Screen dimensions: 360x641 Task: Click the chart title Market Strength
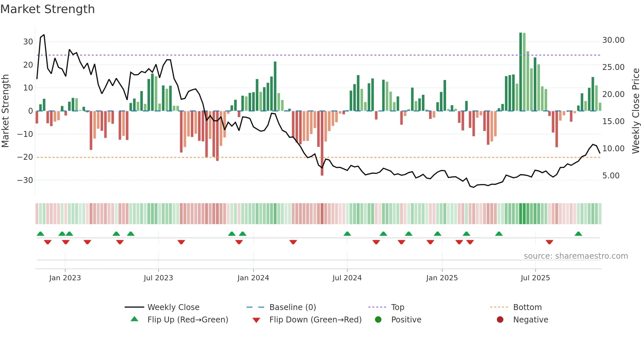pyautogui.click(x=47, y=9)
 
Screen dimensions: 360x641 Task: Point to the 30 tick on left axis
pyautogui.click(x=28, y=42)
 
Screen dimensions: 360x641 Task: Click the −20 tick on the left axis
pyautogui.click(x=25, y=157)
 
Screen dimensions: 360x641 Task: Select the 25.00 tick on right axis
pyautogui.click(x=613, y=67)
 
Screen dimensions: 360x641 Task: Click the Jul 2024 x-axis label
pyautogui.click(x=347, y=278)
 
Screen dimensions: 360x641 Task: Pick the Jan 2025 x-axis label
pyautogui.click(x=442, y=278)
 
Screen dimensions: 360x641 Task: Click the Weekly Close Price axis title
pyautogui.click(x=635, y=111)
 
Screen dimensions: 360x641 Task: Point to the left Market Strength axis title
pyautogui.click(x=5, y=111)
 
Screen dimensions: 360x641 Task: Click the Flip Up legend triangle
pyautogui.click(x=134, y=319)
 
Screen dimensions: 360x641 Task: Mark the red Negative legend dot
pyautogui.click(x=500, y=319)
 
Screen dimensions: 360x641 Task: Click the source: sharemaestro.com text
pyautogui.click(x=576, y=256)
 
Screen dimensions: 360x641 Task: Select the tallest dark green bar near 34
pyautogui.click(x=521, y=72)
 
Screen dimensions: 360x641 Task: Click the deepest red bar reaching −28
pyautogui.click(x=322, y=144)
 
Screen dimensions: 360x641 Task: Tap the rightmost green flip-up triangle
pyautogui.click(x=578, y=234)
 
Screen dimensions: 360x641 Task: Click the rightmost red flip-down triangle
pyautogui.click(x=549, y=242)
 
